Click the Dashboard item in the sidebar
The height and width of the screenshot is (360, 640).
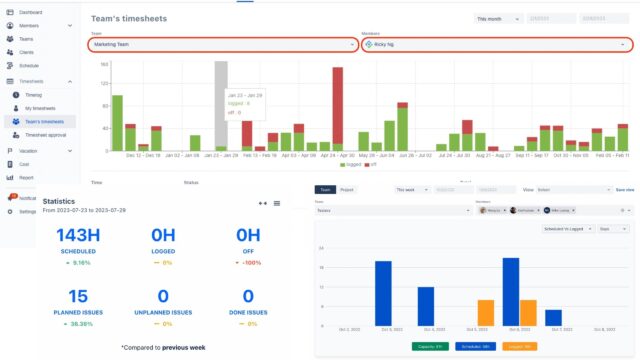[x=30, y=12]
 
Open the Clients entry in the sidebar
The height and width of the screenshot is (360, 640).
[x=28, y=51]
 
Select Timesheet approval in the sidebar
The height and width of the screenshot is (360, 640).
[x=44, y=134]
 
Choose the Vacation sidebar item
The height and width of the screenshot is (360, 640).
[x=30, y=150]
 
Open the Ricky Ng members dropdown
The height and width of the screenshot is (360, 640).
[x=496, y=45]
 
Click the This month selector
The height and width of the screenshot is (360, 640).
[x=497, y=18]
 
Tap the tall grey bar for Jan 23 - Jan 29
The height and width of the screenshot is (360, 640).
[x=222, y=105]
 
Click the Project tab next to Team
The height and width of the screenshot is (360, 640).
[x=347, y=189]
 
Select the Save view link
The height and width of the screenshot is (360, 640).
[x=624, y=189]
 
